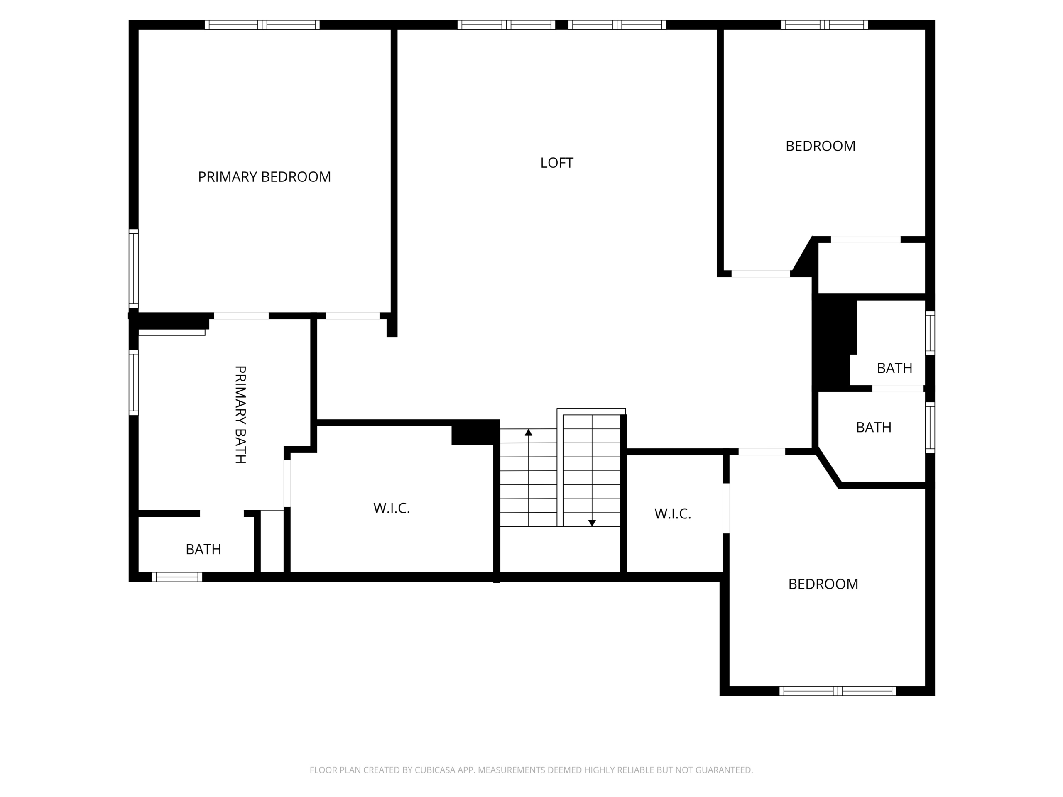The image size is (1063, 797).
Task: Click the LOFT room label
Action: click(556, 163)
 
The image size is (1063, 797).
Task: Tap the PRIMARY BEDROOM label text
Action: click(265, 177)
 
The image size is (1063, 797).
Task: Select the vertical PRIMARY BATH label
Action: click(240, 414)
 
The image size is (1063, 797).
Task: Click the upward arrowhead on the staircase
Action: click(529, 433)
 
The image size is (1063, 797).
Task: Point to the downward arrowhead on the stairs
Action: click(592, 523)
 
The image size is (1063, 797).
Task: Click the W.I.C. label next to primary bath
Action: click(392, 508)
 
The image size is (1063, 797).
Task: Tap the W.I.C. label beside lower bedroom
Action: click(672, 514)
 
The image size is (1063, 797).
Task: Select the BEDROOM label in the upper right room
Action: click(821, 146)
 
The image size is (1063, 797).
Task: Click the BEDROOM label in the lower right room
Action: click(823, 584)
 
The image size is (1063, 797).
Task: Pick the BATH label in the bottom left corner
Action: click(203, 550)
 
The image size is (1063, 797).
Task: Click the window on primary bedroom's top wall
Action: click(262, 25)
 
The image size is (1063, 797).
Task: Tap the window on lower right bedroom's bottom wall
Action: click(838, 691)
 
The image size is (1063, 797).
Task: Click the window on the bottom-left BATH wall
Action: click(177, 577)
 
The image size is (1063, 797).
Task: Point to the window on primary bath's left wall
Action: click(134, 382)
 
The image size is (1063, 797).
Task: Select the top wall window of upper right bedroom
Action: click(824, 25)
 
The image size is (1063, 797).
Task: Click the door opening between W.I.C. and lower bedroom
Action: click(726, 508)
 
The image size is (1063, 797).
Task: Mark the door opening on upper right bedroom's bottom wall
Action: click(760, 274)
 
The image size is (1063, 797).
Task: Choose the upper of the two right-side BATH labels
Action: click(894, 368)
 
